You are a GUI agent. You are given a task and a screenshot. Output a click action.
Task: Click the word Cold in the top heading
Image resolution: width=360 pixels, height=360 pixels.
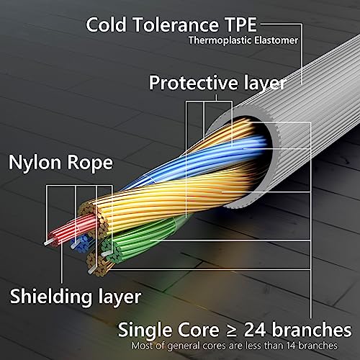(x=107, y=24)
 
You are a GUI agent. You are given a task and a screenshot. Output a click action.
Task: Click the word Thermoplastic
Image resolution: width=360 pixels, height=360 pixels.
(x=220, y=40)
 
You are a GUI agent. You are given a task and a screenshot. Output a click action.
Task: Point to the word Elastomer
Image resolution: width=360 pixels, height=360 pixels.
(x=276, y=40)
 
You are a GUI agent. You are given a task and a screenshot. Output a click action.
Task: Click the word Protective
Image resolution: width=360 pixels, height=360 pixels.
(x=194, y=83)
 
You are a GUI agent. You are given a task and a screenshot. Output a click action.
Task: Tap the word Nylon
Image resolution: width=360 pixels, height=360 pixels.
(x=35, y=163)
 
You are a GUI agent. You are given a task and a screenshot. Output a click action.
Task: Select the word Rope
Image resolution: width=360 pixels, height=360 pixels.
(x=90, y=163)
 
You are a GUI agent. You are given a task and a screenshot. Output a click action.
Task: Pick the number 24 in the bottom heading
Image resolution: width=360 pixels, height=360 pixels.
(x=255, y=330)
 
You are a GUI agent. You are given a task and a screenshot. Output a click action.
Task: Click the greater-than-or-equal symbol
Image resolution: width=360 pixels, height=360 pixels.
(x=232, y=330)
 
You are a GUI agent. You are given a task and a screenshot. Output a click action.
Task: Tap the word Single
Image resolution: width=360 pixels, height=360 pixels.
(x=145, y=330)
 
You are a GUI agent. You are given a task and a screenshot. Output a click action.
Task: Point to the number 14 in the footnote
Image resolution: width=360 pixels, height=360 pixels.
(x=291, y=346)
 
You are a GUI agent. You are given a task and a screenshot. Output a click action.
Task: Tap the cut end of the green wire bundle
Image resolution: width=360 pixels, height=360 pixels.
(x=110, y=251)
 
